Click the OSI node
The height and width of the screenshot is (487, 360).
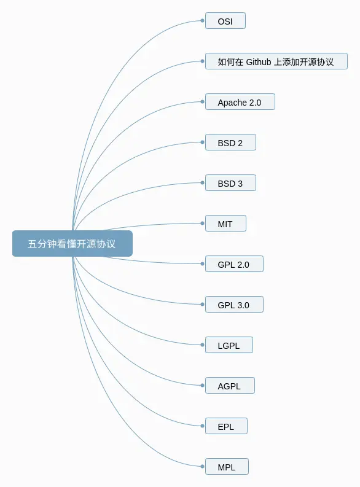[225, 21]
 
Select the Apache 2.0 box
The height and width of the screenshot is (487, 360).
[240, 102]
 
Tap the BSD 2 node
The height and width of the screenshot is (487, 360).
[230, 142]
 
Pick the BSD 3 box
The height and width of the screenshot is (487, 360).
[230, 183]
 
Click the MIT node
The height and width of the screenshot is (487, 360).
[225, 224]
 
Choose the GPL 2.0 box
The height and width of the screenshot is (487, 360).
[234, 264]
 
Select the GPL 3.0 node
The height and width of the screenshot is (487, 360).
[234, 305]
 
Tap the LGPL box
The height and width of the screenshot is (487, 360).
[229, 345]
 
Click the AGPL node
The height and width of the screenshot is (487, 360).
[230, 386]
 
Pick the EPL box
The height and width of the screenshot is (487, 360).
[226, 426]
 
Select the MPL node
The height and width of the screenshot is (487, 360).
[227, 467]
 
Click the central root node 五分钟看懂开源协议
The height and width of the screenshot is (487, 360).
[72, 243]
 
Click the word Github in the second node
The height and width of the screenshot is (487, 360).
[259, 62]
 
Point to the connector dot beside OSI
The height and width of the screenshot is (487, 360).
[203, 21]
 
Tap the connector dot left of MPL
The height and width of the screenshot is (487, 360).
[203, 467]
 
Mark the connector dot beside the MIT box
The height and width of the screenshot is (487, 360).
[203, 224]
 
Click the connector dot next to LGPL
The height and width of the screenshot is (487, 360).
[203, 345]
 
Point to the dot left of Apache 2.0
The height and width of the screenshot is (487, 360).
[203, 102]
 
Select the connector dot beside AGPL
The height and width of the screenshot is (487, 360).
[203, 386]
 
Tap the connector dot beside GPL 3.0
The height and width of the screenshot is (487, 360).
[203, 305]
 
